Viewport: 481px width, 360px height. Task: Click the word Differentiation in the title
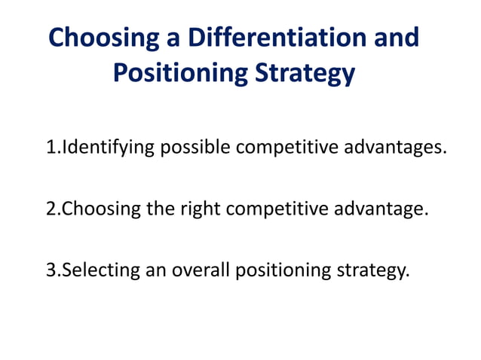(x=280, y=38)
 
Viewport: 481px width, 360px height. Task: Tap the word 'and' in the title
(x=395, y=38)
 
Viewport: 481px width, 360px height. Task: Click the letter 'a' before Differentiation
(x=173, y=38)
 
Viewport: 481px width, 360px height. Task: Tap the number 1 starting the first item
(x=51, y=147)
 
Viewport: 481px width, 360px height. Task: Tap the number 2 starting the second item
(x=51, y=208)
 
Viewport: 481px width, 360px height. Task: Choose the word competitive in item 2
(x=278, y=208)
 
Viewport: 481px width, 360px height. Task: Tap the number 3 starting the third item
(x=51, y=269)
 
